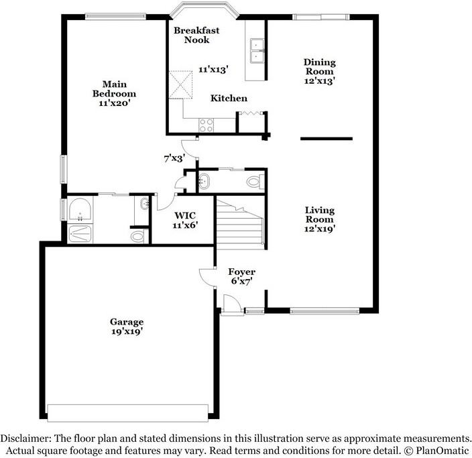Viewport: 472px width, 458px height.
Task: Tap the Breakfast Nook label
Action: (192, 36)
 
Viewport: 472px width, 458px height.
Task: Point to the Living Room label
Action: (320, 215)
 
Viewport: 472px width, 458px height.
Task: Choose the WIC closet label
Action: (186, 216)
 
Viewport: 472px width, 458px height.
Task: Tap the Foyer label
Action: (241, 272)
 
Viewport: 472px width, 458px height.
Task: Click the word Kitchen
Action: (229, 99)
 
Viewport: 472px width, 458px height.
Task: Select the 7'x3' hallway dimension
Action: (174, 159)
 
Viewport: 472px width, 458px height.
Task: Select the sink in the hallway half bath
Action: (204, 180)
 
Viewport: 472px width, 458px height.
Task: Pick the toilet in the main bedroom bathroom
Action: (137, 235)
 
